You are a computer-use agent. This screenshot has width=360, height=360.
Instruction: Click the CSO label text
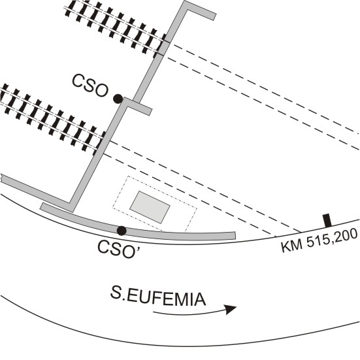tap(90, 86)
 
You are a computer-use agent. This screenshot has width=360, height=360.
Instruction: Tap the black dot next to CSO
tap(118, 99)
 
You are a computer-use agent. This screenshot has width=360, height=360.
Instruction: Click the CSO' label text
tap(118, 250)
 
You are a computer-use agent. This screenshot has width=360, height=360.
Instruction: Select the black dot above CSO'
tap(122, 231)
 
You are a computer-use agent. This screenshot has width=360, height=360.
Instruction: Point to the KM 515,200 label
tap(319, 240)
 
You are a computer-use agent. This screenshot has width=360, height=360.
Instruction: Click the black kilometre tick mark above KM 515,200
tap(327, 220)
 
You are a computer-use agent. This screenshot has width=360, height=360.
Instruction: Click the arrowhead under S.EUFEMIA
tap(231, 309)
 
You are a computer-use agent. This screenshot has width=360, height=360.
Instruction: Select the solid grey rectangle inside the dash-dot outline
tap(150, 207)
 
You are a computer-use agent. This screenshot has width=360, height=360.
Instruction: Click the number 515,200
tap(333, 238)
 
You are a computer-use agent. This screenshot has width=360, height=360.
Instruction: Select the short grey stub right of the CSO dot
tap(139, 106)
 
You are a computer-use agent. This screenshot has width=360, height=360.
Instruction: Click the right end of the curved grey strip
tap(234, 236)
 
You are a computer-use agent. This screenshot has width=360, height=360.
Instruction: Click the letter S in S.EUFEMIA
tap(116, 292)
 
